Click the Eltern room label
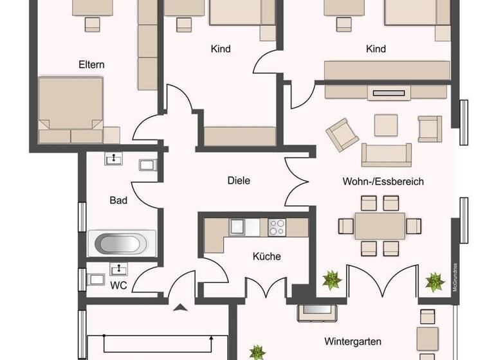coord(91,64)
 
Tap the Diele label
coord(238,181)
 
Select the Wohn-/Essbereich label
coord(383,181)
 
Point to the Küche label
coord(267,256)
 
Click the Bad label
coord(118,201)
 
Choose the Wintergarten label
coord(352,341)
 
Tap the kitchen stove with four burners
coord(277,227)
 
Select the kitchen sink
coord(237,226)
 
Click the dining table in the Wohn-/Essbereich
coord(380,226)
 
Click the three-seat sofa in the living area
coord(386,154)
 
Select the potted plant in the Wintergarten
coord(257,352)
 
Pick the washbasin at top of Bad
coord(114,158)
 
